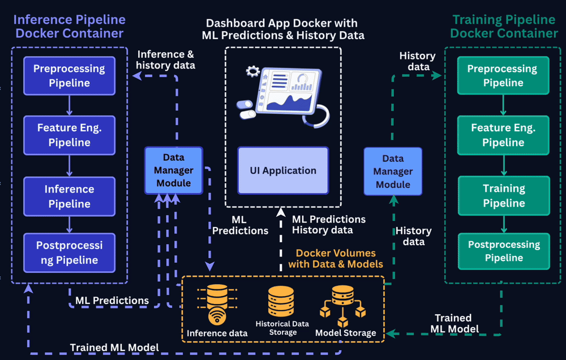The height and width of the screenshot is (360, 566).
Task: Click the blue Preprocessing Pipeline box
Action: (x=69, y=76)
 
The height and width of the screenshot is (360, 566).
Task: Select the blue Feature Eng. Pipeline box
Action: (x=69, y=135)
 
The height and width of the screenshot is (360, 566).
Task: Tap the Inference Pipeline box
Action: (x=69, y=196)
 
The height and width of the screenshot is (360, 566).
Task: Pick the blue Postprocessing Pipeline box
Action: (x=69, y=253)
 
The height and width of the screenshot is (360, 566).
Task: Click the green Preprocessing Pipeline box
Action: (x=503, y=76)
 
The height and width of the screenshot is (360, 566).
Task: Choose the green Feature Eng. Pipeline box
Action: (x=503, y=135)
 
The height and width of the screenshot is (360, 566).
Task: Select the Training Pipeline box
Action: (x=503, y=196)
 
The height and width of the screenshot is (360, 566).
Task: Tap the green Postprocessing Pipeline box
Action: (x=503, y=251)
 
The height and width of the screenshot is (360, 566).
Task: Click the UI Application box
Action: (x=283, y=170)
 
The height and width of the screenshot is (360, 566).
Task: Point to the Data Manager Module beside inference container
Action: (x=173, y=170)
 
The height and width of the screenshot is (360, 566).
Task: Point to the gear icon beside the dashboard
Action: (x=252, y=71)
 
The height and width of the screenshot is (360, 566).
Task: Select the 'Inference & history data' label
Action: (x=166, y=60)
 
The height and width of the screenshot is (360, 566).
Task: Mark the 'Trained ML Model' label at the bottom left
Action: (x=114, y=347)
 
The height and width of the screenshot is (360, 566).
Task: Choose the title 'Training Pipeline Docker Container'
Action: (x=504, y=27)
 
